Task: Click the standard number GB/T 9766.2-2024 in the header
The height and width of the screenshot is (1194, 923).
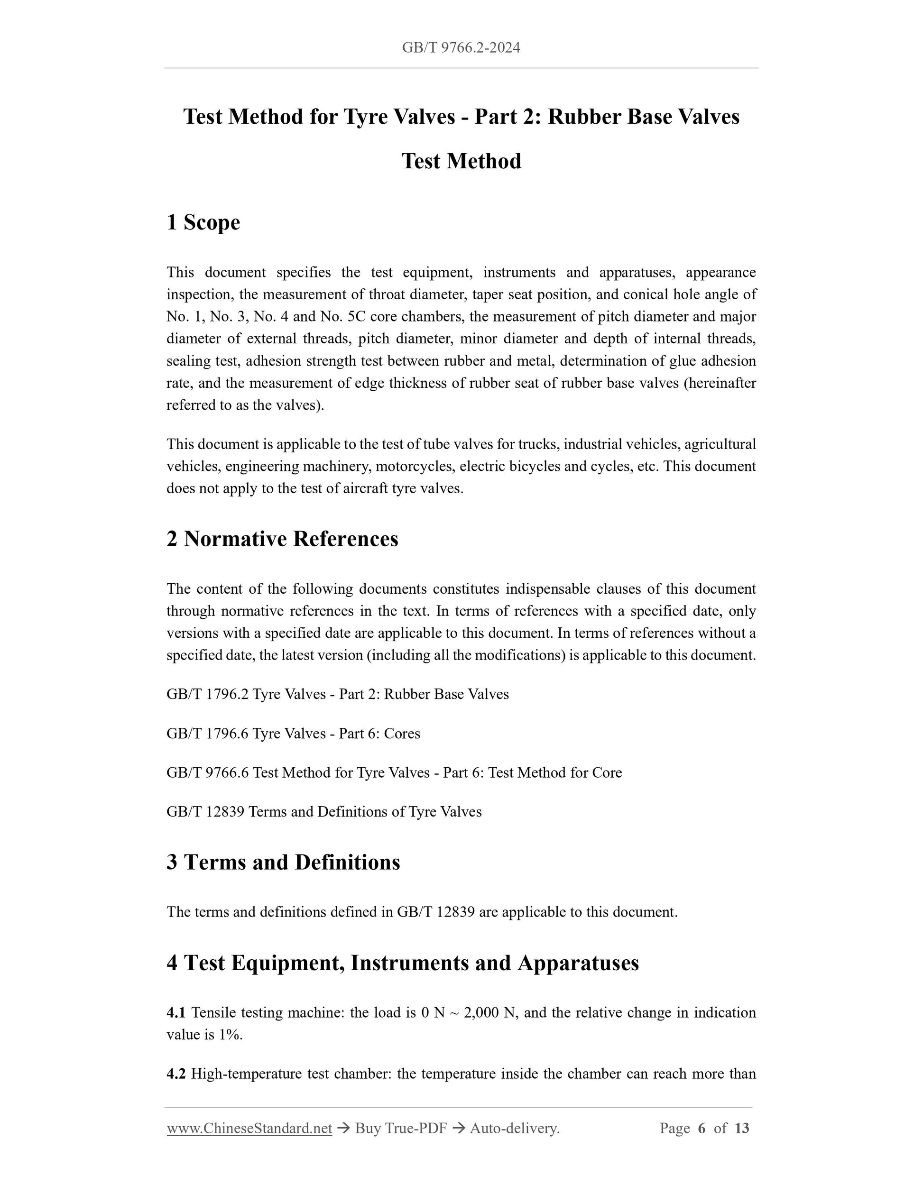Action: pos(461,47)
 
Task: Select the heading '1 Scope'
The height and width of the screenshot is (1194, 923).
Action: pos(203,222)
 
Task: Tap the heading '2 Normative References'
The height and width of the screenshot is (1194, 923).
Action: pos(282,539)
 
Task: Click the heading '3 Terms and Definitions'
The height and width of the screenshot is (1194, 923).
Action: pos(283,862)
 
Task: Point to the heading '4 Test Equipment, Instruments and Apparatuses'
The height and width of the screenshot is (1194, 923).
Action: pos(402,963)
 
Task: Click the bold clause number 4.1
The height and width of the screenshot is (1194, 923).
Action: pos(176,1012)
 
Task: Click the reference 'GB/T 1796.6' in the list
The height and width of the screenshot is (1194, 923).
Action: pos(207,733)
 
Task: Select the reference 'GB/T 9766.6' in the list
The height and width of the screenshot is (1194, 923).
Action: pos(207,772)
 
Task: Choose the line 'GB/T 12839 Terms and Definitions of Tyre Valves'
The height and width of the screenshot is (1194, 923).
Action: pos(323,812)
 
